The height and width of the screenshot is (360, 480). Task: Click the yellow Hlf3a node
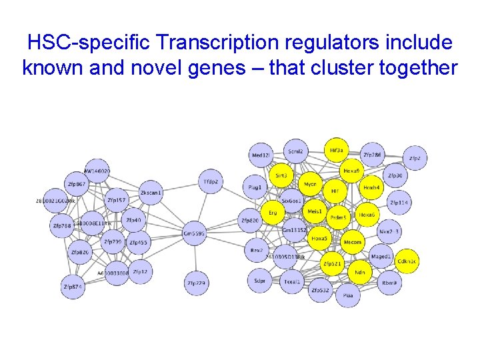[336, 151]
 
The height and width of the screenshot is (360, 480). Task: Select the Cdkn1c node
[406, 261]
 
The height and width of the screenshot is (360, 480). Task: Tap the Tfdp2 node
[211, 181]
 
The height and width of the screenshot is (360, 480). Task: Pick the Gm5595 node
[195, 233]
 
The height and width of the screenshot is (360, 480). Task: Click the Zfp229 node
[197, 283]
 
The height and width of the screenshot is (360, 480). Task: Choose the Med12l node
[261, 155]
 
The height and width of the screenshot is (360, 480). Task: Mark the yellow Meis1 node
[313, 212]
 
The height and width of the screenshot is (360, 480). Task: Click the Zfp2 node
[415, 158]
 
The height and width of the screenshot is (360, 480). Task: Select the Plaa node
[347, 295]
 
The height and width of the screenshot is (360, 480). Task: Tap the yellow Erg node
[272, 213]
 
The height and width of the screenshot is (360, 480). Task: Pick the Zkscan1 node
[151, 192]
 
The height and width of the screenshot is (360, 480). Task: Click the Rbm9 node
[390, 282]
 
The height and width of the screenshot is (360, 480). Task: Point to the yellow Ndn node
[360, 272]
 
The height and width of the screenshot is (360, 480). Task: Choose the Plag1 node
[254, 187]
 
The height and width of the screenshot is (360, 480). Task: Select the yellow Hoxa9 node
[351, 171]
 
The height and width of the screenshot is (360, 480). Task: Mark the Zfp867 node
[77, 184]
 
